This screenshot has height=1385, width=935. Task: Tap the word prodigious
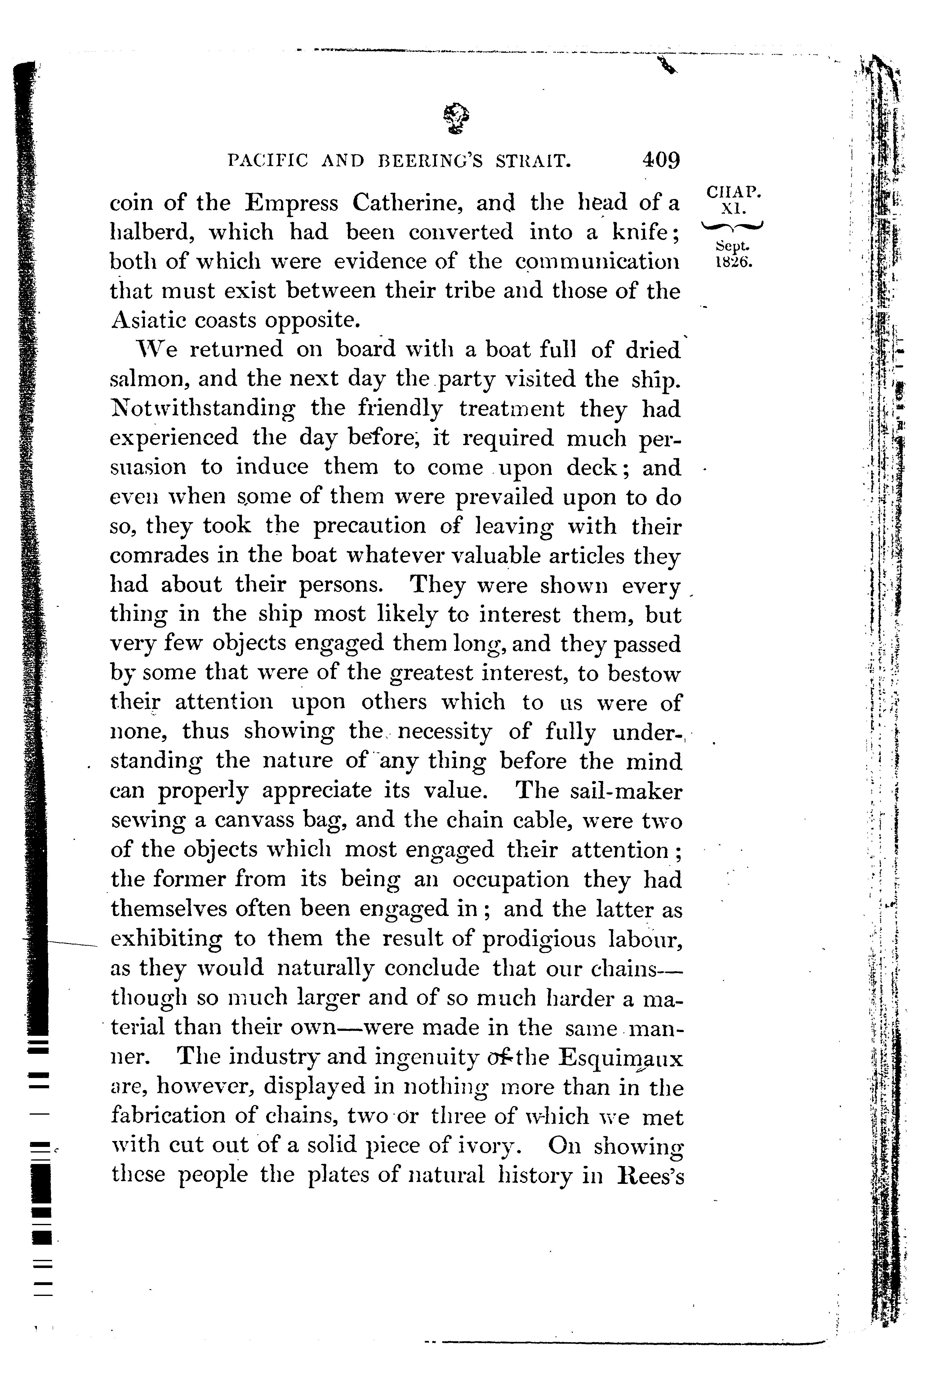[x=538, y=939]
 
